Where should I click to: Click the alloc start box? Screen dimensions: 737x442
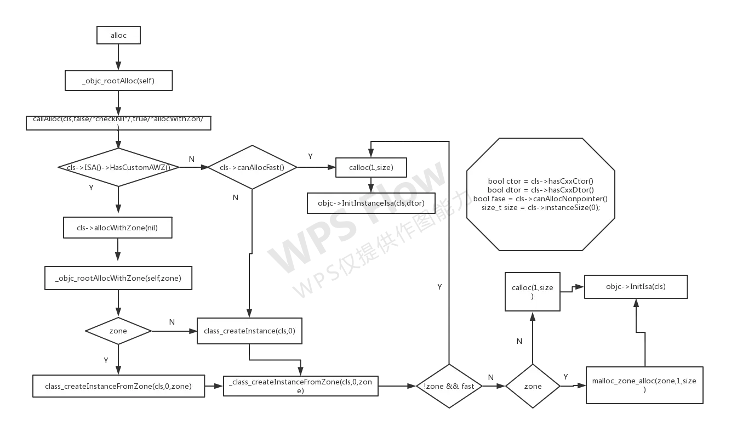tap(118, 36)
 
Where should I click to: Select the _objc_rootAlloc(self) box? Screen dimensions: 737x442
tap(118, 81)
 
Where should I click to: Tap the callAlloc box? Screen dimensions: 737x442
tap(118, 122)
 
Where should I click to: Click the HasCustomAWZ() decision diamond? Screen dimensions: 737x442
tap(118, 167)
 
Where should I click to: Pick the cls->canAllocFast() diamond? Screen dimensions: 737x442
tap(252, 167)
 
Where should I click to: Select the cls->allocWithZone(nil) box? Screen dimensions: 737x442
tap(118, 228)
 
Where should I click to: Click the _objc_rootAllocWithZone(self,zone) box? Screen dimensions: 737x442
tap(118, 278)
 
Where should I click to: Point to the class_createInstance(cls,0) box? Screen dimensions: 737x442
tap(249, 331)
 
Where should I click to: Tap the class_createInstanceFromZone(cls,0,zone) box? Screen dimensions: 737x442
tap(118, 386)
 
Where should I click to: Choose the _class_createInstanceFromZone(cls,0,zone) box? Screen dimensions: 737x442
tap(300, 386)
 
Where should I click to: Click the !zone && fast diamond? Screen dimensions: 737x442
tap(449, 386)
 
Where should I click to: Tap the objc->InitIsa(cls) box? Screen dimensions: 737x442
tap(636, 286)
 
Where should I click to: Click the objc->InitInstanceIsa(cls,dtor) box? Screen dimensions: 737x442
tap(370, 203)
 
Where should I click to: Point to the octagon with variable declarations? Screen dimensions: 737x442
tap(541, 195)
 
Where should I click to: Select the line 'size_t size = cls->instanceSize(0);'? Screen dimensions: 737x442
tap(541, 208)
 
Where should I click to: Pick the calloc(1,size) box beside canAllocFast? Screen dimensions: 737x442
tap(371, 168)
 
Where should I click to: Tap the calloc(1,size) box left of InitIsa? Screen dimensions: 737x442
tap(532, 292)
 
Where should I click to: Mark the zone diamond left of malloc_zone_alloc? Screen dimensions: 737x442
tap(533, 386)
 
